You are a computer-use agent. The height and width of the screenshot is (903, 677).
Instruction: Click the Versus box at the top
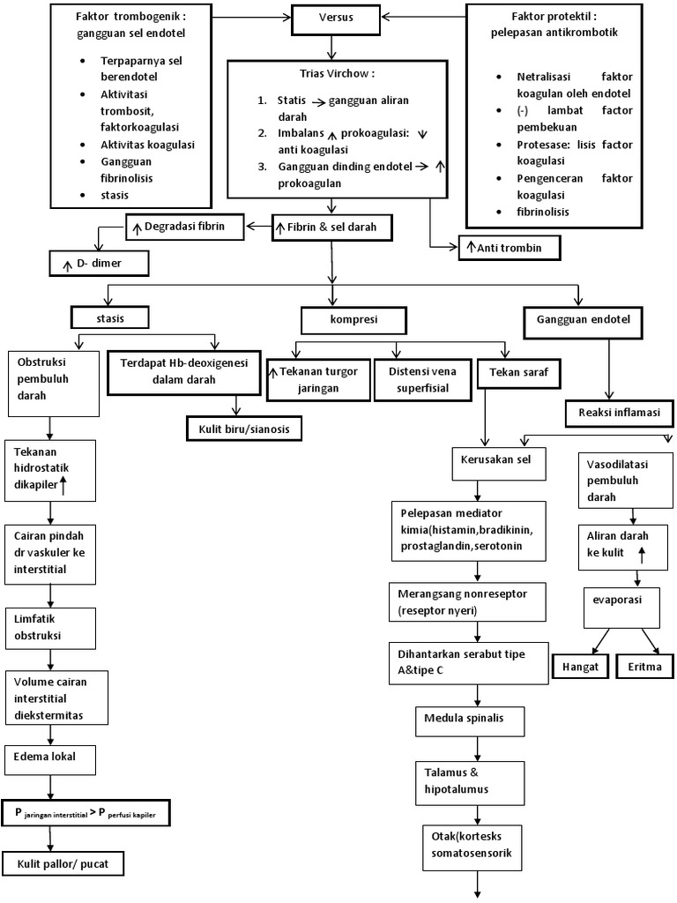[331, 18]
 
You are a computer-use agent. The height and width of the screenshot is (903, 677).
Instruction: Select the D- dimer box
[99, 262]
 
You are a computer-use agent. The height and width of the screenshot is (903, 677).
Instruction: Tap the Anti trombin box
[510, 249]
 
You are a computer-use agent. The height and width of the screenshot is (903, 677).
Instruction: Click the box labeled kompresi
[353, 317]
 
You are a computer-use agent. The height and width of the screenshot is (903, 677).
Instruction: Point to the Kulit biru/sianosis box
[244, 429]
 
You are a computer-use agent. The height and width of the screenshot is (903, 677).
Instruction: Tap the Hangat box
[580, 667]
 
